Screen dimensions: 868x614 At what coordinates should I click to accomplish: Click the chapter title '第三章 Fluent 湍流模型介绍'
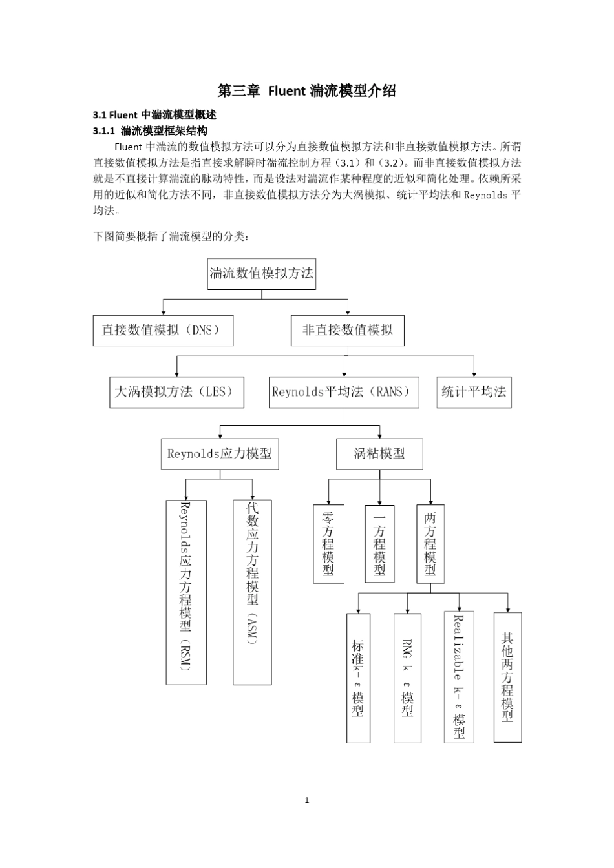(x=306, y=91)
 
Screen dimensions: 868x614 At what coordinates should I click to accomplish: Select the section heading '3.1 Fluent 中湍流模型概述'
(x=154, y=115)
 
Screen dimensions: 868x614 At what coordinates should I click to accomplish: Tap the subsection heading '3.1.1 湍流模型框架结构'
(x=150, y=130)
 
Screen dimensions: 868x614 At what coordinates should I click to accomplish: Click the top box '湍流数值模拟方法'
(x=261, y=273)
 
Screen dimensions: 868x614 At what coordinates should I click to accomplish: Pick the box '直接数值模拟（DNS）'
(x=163, y=330)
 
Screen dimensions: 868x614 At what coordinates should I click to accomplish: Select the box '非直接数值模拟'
(x=347, y=330)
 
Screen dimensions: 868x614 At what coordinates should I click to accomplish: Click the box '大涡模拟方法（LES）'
(x=176, y=392)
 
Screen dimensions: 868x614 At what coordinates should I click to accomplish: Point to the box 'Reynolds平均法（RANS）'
(x=344, y=392)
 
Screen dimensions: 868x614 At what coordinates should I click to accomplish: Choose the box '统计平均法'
(x=474, y=392)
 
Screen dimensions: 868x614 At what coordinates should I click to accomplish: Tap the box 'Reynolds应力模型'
(x=220, y=454)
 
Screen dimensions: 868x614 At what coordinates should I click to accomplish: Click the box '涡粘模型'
(x=379, y=454)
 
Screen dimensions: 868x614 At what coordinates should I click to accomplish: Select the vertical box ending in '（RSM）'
(x=186, y=592)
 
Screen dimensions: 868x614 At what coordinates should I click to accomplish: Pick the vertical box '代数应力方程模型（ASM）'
(x=252, y=592)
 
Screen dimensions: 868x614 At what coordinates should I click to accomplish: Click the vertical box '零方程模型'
(x=328, y=544)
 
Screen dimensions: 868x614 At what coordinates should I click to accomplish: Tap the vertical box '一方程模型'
(x=379, y=544)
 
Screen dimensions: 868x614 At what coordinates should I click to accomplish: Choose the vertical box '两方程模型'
(x=430, y=544)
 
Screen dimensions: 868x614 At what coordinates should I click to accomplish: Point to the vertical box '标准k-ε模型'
(x=358, y=677)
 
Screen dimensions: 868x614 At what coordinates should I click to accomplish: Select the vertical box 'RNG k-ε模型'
(x=407, y=677)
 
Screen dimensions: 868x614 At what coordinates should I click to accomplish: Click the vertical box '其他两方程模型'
(x=507, y=677)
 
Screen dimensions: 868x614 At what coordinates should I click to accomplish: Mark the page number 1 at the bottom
(x=306, y=800)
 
